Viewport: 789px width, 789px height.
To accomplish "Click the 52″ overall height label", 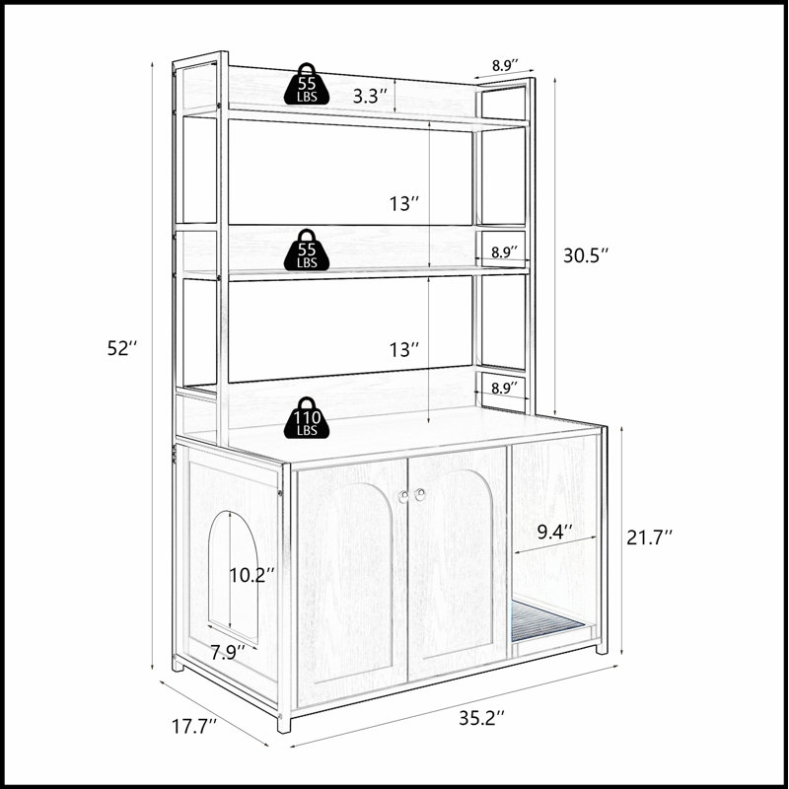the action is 121,348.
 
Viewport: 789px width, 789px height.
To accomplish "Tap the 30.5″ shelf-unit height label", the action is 586,255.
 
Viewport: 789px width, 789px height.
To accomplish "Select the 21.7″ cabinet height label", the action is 649,538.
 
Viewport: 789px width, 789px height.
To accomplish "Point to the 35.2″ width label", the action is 481,718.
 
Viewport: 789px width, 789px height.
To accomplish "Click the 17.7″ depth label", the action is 194,726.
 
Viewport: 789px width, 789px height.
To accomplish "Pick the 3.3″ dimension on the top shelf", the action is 370,96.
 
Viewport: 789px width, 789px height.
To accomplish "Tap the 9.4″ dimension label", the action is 554,532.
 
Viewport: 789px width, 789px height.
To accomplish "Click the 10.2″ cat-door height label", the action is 252,575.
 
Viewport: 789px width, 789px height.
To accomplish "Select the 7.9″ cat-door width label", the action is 228,653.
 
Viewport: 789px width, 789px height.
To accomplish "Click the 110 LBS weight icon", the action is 307,417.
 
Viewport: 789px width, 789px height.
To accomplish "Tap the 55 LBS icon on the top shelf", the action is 307,84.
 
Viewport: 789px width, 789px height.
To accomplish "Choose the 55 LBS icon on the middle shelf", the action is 307,251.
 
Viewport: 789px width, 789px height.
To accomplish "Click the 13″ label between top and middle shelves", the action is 404,204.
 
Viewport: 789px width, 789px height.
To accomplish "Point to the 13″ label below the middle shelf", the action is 404,349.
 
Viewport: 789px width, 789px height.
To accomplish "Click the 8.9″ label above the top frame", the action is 505,65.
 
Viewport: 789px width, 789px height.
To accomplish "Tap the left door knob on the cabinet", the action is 403,496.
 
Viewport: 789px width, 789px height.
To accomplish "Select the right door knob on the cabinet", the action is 420,495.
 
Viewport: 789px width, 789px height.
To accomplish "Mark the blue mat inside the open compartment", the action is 548,620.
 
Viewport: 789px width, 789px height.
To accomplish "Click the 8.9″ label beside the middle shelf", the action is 504,252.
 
